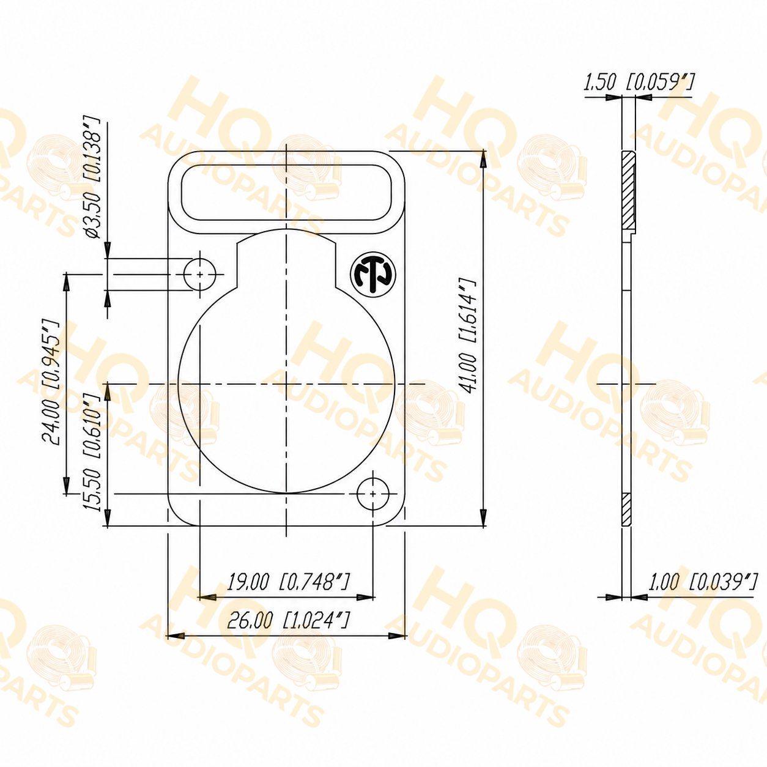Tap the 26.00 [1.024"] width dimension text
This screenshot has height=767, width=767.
(x=289, y=631)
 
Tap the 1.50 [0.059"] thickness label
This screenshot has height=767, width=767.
(x=639, y=84)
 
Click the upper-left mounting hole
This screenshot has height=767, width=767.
(x=200, y=274)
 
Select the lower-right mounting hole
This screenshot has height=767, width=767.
(x=373, y=494)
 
